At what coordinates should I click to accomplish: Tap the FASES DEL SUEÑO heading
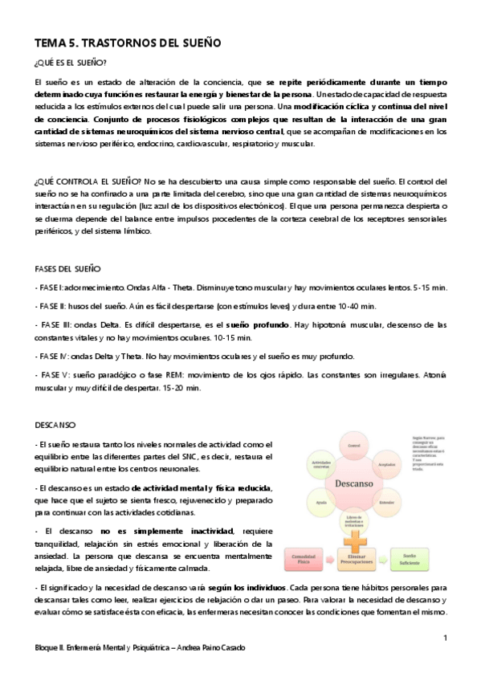tap(67, 267)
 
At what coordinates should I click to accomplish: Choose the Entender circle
tap(385, 504)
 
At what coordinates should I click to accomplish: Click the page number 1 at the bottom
tap(445, 638)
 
